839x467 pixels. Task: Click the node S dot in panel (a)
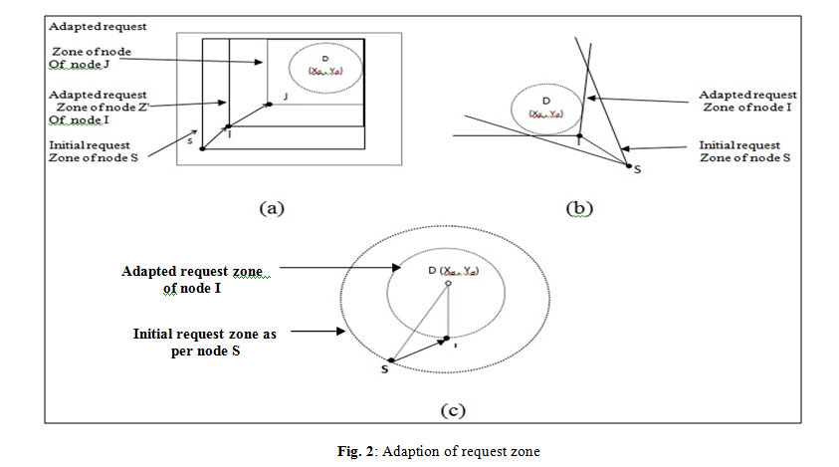click(x=202, y=149)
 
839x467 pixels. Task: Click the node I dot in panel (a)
click(x=229, y=126)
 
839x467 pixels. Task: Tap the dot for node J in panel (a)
click(x=269, y=103)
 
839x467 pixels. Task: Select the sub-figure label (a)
click(x=273, y=208)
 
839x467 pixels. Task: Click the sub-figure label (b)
click(x=580, y=208)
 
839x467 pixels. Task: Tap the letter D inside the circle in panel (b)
click(x=545, y=101)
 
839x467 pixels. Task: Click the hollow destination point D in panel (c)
click(x=448, y=285)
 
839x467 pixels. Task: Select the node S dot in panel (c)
click(x=391, y=360)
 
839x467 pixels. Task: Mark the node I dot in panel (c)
click(x=447, y=339)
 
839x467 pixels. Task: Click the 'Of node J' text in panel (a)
click(x=80, y=66)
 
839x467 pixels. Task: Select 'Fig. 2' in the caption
click(x=356, y=451)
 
